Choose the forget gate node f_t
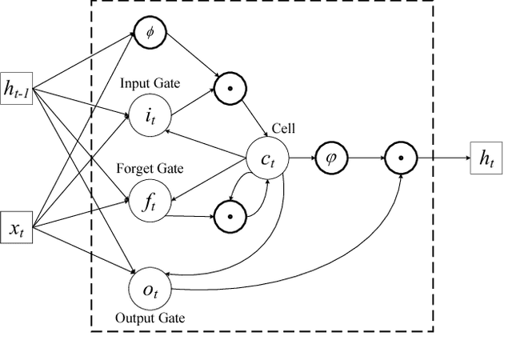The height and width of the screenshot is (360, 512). pyautogui.click(x=149, y=203)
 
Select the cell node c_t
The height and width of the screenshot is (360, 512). pyautogui.click(x=265, y=159)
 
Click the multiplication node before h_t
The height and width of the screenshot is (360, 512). pyautogui.click(x=398, y=158)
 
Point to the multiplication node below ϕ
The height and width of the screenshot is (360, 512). pyautogui.click(x=228, y=87)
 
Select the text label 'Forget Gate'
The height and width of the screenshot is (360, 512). pyautogui.click(x=150, y=168)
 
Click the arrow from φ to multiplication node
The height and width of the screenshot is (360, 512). pyautogui.click(x=363, y=158)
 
